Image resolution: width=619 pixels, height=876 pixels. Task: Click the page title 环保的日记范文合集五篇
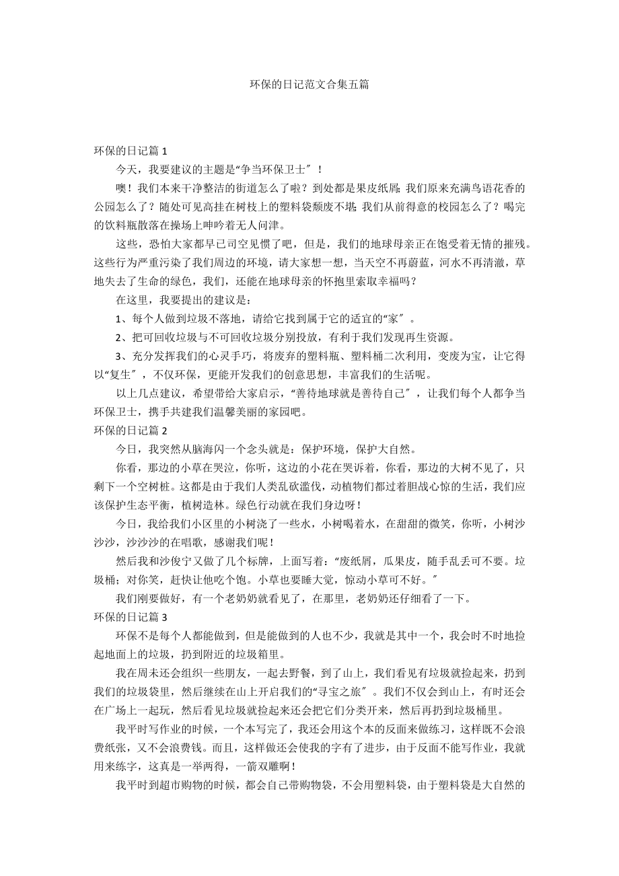click(309, 85)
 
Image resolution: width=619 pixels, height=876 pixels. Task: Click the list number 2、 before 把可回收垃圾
click(121, 337)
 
